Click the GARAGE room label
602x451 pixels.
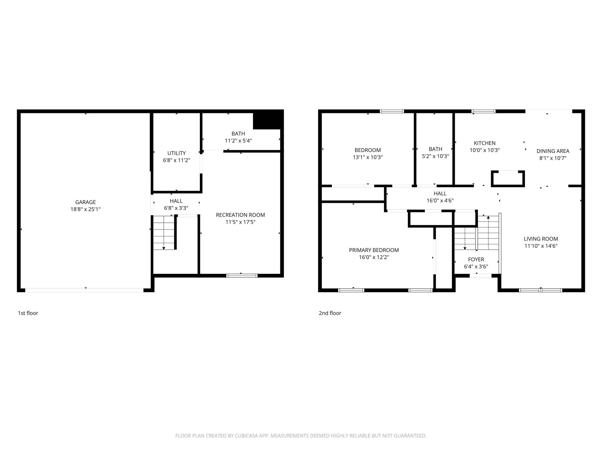[85, 202]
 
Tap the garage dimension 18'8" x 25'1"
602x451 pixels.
[85, 209]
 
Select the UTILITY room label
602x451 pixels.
[176, 153]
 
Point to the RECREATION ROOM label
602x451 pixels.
[240, 215]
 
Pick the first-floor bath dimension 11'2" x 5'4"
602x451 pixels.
[238, 141]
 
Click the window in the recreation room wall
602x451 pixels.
[242, 276]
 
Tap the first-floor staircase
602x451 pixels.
[164, 233]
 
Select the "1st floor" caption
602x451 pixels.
[28, 313]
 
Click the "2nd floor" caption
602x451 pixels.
[330, 313]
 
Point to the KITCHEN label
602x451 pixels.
[484, 143]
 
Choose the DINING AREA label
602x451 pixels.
[553, 151]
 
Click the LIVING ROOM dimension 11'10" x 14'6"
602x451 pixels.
[541, 246]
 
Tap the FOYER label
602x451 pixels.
[476, 259]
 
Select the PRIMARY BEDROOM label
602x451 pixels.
[374, 250]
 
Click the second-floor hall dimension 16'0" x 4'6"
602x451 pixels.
[440, 201]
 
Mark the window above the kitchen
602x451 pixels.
[483, 111]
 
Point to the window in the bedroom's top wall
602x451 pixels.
[392, 111]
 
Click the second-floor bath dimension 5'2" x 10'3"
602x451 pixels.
[435, 156]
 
